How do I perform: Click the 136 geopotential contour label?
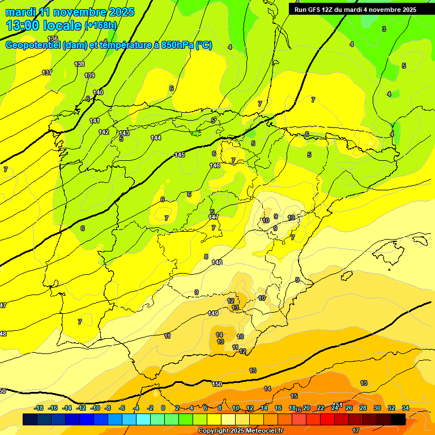pos(53,54)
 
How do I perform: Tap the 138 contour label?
pos(79,65)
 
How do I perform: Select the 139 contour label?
pos(89,75)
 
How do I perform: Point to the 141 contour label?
pos(95,121)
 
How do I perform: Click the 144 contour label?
pos(156,138)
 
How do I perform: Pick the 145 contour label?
pos(180,155)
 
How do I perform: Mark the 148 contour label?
pos(217,262)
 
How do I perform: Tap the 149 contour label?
pos(213,313)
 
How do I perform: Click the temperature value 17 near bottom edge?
pos(356,430)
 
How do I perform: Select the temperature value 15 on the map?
pos(294,396)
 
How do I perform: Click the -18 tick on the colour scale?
pos(39,408)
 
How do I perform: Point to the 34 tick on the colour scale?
pos(406,408)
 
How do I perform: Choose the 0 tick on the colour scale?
pos(163,408)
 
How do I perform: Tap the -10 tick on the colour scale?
pos(95,408)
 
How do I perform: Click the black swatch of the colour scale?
pos(398,419)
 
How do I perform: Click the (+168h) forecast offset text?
pos(101,25)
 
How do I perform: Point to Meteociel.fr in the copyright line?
pos(262,431)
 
